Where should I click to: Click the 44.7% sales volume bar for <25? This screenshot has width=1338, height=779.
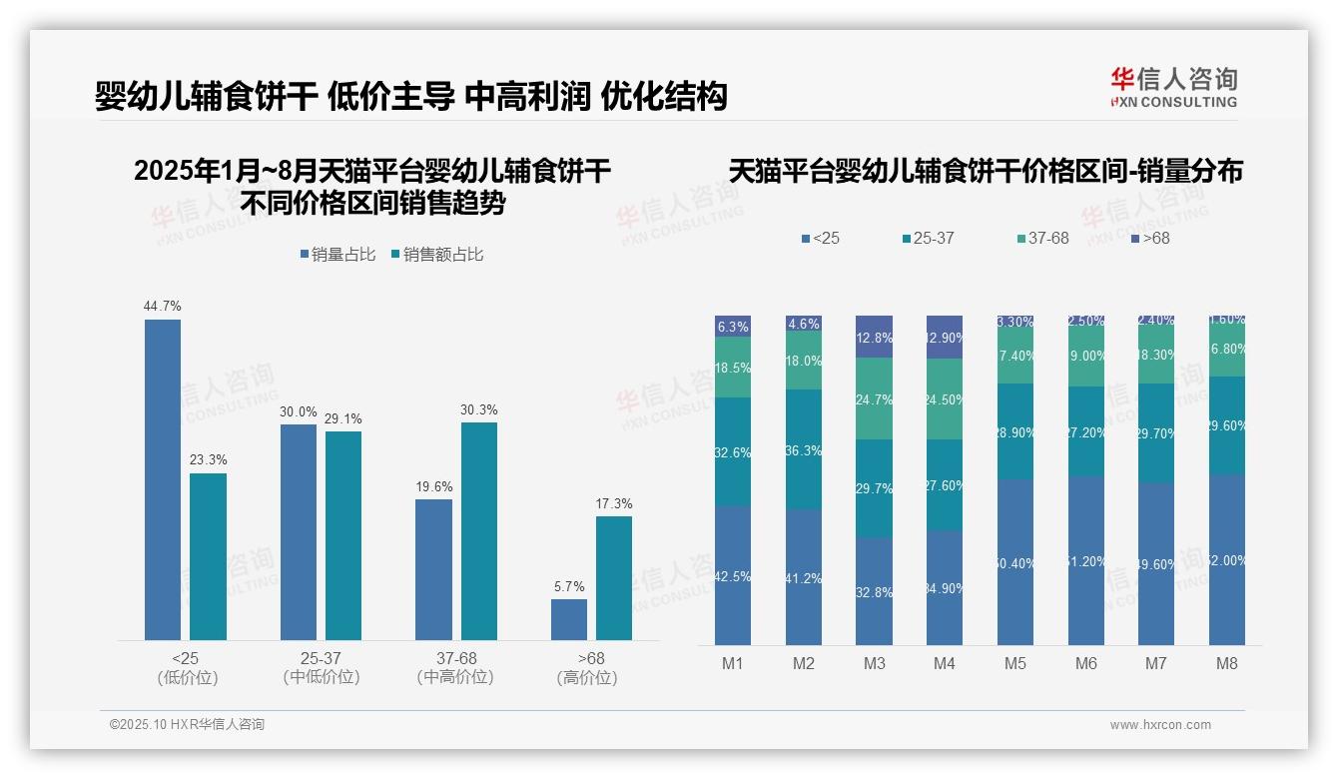coord(163,479)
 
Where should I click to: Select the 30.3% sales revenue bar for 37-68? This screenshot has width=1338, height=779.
coord(478,531)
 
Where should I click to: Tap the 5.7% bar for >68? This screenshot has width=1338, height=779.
coord(568,619)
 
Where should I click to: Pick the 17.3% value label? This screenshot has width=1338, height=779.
coord(614,504)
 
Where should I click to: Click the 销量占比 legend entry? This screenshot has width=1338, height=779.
coord(337,255)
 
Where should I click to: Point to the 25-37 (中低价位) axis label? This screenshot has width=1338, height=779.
coord(321,668)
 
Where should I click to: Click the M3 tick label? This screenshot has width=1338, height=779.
coord(874,664)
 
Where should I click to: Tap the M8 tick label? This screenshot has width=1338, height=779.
coord(1227,664)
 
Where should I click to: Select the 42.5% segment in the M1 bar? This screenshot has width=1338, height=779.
coord(733,575)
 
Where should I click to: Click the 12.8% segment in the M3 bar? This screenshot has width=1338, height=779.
coord(874,338)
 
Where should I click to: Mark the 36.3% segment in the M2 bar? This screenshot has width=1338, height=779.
coord(804,449)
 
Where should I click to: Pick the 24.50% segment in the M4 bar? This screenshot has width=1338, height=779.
coord(945,399)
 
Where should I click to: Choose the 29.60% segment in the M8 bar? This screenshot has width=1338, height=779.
coord(1227,425)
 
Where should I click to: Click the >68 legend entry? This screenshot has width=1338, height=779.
coord(1149,239)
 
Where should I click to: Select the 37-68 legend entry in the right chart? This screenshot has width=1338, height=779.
coord(1042,239)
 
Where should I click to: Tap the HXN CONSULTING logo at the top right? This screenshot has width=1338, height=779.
coord(1173,88)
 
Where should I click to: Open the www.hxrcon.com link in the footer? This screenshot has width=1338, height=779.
coord(1160,725)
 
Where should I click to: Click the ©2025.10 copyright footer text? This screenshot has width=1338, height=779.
coord(187,725)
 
